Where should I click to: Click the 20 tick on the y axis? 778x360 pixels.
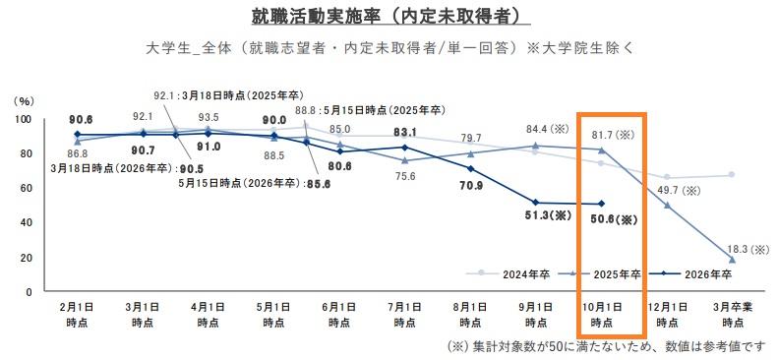tap(25, 258)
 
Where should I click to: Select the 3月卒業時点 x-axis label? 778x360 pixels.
tap(730, 315)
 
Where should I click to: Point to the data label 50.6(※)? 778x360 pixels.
tap(611, 220)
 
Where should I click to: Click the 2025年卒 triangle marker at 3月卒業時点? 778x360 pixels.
tap(731, 260)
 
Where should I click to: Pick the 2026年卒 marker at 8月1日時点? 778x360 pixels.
tap(470, 168)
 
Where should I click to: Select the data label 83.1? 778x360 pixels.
tap(405, 131)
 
